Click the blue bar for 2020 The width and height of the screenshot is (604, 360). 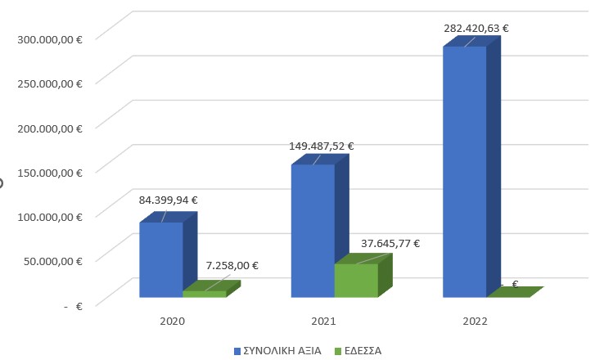coord(161,259)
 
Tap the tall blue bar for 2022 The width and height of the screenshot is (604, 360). coord(465,172)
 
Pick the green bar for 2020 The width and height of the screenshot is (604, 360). coord(204,294)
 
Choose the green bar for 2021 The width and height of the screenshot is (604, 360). coord(356,280)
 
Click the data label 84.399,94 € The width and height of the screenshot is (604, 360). coord(169,199)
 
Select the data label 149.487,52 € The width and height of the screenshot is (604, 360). coord(322,146)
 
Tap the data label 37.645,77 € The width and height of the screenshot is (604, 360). coord(390,243)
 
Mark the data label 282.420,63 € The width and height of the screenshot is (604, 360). coord(476,28)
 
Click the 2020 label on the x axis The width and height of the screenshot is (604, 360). coord(172,322)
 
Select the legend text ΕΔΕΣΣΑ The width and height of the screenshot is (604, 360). coord(363,351)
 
